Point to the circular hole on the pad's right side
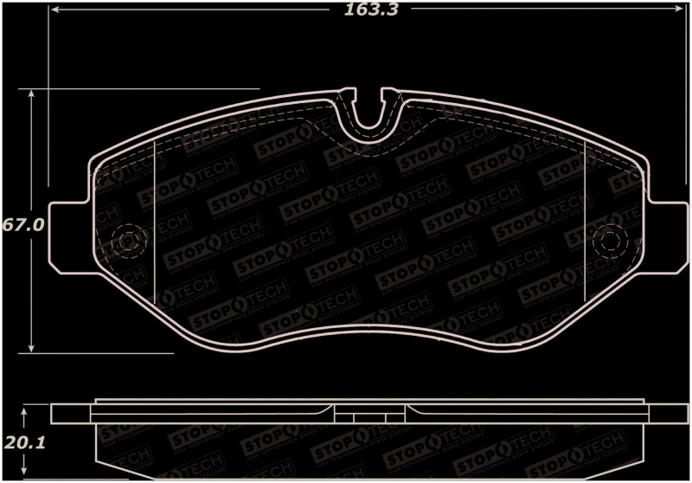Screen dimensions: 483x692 612,241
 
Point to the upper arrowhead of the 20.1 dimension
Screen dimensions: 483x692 26,409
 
